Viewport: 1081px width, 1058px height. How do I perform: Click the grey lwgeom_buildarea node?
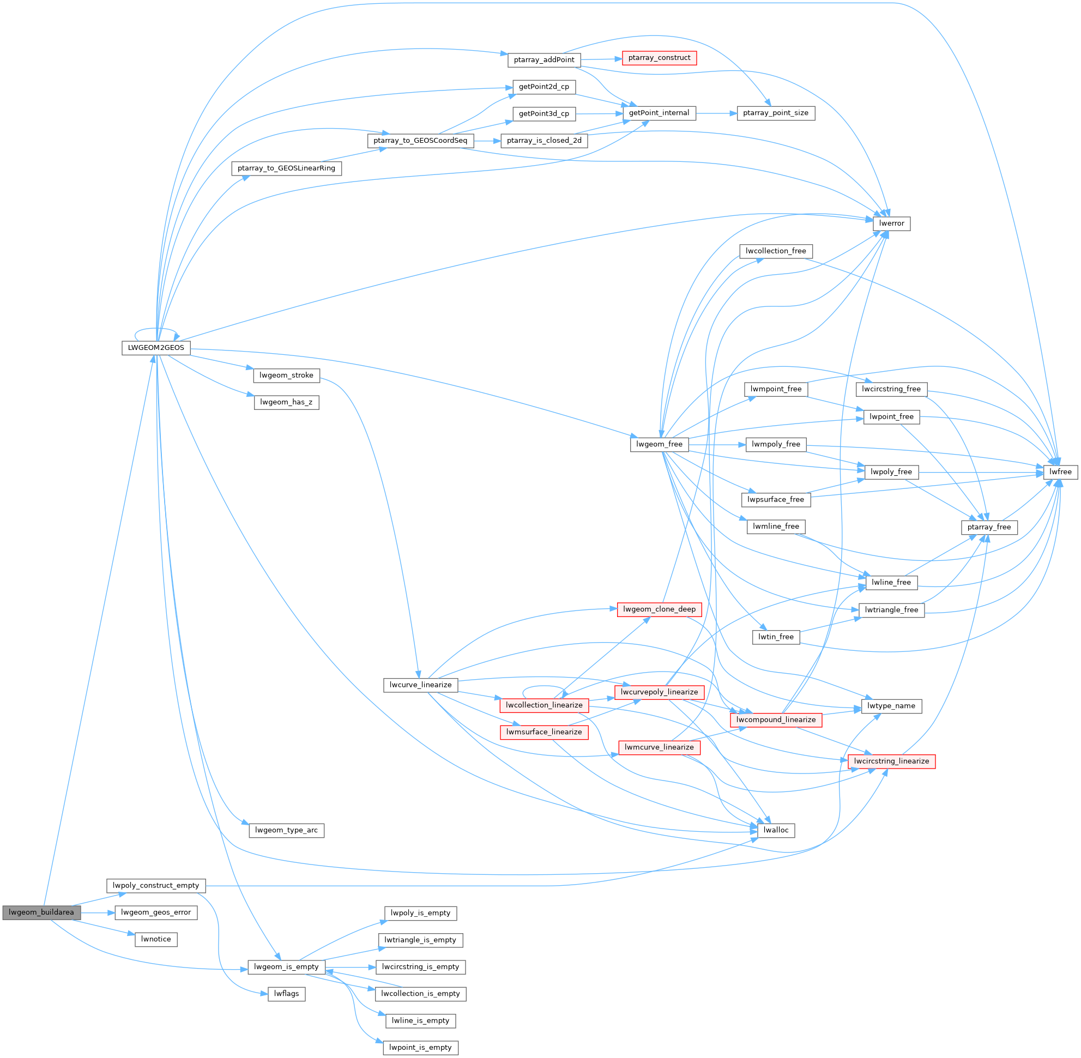[41, 912]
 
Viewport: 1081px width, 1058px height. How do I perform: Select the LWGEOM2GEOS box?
[155, 348]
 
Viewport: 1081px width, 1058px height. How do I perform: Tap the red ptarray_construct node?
[659, 58]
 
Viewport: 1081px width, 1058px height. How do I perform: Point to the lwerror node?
[891, 223]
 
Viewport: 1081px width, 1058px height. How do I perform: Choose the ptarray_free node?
[989, 527]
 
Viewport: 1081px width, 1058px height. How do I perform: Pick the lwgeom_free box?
[659, 444]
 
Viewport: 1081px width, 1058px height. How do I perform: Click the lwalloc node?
[776, 830]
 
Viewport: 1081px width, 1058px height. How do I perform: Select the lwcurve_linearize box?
[420, 685]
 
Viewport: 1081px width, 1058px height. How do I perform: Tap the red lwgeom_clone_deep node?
[659, 609]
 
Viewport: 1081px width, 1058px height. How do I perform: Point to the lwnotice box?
[155, 939]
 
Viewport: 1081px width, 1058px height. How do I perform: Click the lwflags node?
[286, 994]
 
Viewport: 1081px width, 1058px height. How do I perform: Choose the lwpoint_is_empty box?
[420, 1048]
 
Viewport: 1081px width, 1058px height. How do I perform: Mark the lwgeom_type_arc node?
[286, 830]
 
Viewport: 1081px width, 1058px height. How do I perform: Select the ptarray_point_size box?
[775, 113]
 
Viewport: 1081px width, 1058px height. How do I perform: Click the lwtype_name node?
[891, 706]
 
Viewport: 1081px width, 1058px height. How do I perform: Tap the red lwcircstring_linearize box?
[891, 761]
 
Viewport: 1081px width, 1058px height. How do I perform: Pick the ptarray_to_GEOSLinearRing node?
[286, 168]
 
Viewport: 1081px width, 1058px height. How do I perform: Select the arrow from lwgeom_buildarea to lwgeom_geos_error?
[98, 912]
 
